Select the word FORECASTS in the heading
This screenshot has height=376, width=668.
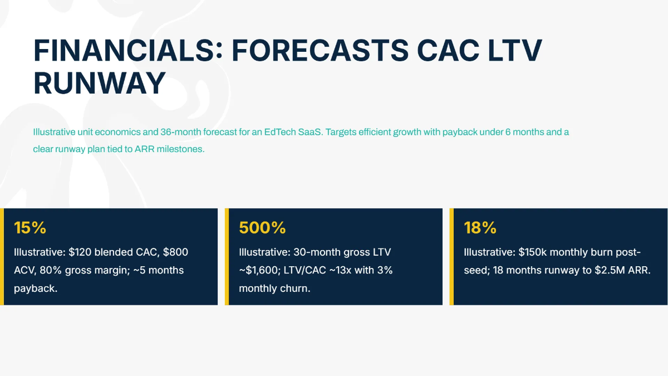[320, 51]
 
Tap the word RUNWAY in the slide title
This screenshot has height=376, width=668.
[100, 84]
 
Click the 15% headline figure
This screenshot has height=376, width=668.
[30, 228]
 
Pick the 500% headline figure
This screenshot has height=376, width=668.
[262, 228]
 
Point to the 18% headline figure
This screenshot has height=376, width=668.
[480, 228]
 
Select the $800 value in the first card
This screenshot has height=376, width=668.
[175, 252]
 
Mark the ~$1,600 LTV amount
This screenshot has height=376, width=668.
[261, 271]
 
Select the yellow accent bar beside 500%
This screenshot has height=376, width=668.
[227, 257]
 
